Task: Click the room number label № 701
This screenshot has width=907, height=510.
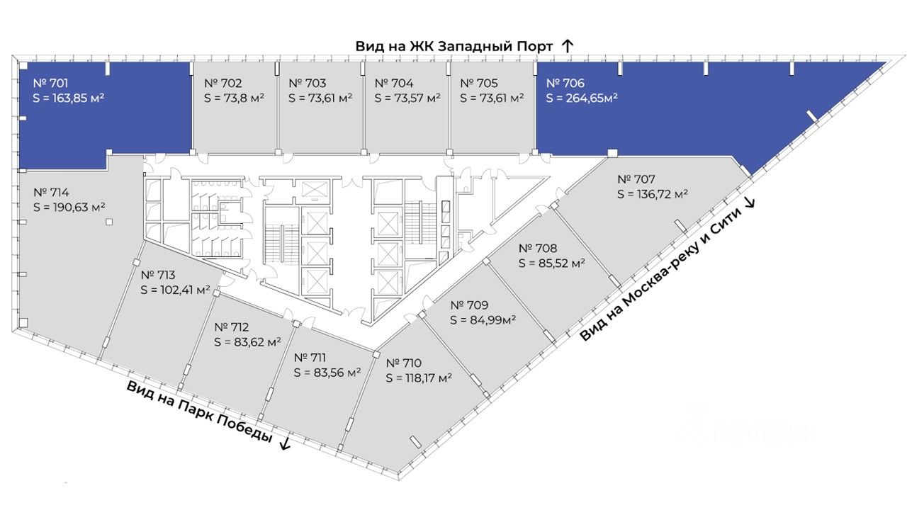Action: click(50, 82)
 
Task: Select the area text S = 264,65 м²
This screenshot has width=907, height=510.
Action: click(582, 98)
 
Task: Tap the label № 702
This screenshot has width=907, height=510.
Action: click(223, 82)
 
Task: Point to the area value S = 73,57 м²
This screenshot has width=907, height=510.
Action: click(407, 98)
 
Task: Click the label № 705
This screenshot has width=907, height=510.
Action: click(480, 82)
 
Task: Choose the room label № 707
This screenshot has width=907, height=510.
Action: click(636, 179)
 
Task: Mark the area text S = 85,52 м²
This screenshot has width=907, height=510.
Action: click(552, 263)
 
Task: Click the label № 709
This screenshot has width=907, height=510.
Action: click(470, 305)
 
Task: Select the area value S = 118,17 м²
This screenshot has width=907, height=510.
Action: click(419, 378)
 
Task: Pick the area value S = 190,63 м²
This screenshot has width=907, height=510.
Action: click(69, 207)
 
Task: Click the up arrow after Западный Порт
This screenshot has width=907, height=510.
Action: click(567, 46)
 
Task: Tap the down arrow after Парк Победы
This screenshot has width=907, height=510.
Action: click(285, 444)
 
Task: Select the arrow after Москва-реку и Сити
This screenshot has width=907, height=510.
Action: click(750, 203)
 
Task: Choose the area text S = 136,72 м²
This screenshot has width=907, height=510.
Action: click(653, 194)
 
